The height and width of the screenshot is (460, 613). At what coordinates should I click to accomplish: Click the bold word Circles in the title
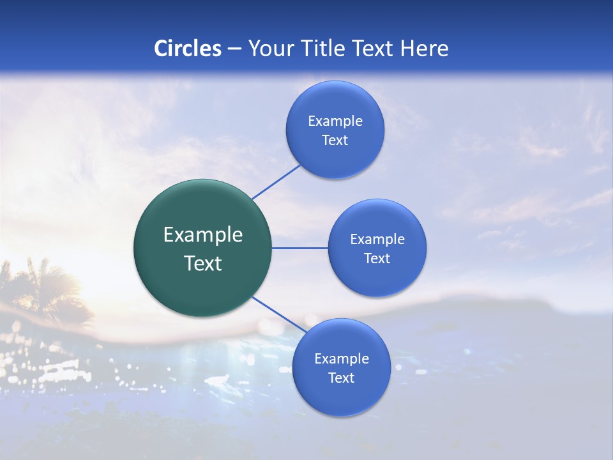[188, 49]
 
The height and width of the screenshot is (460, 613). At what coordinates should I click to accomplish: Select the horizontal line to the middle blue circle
[299, 248]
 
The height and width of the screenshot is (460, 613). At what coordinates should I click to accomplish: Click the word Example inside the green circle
[203, 235]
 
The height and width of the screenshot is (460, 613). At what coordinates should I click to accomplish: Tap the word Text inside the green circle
[203, 263]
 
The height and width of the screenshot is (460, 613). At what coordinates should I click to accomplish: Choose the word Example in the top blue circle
[335, 121]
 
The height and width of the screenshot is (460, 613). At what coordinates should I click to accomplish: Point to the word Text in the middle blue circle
[377, 258]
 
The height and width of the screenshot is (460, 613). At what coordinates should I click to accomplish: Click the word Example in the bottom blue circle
[341, 359]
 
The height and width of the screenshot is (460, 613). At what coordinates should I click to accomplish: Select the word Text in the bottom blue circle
[341, 378]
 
